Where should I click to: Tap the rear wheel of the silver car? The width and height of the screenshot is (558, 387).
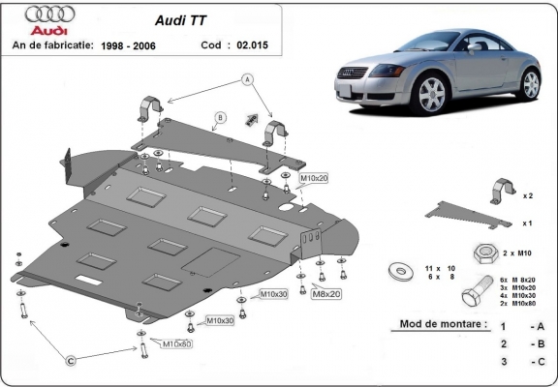coord(530,83)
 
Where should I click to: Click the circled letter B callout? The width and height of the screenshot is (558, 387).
coord(221,118)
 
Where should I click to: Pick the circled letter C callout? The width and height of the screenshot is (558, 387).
coord(71,361)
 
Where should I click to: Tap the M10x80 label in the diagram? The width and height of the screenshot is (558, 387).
coord(176,343)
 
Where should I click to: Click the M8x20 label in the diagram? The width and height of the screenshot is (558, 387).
coord(325,293)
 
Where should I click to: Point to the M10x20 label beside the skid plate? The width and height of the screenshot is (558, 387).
coord(313,179)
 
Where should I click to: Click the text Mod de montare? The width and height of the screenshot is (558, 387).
coord(443,324)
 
